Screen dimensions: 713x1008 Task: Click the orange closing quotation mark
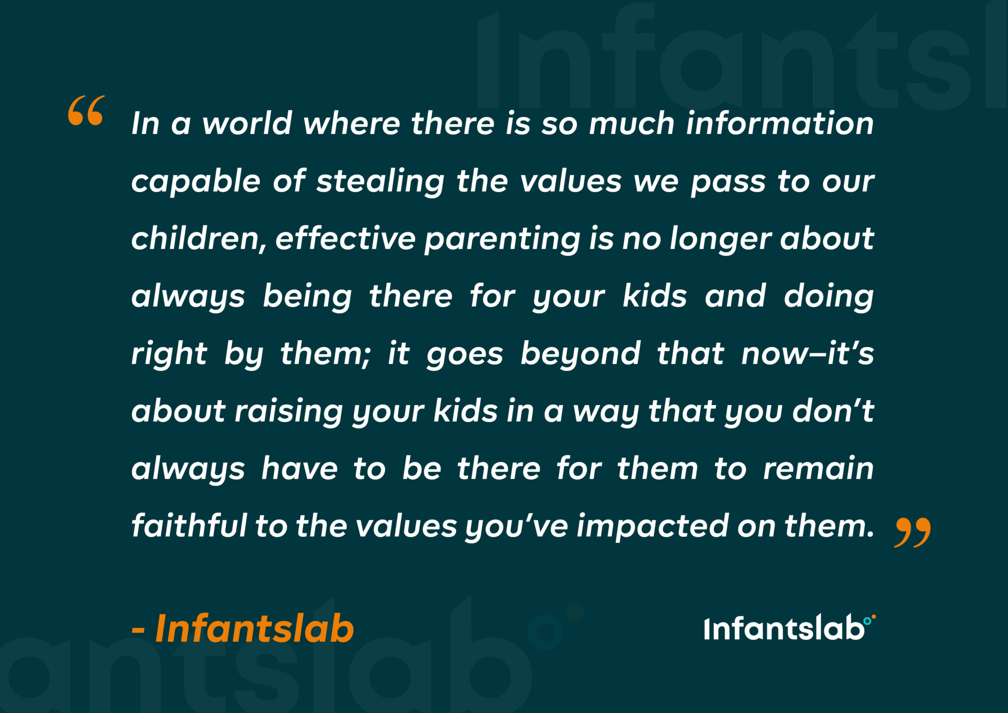[x=912, y=532]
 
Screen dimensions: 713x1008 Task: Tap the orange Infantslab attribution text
[x=243, y=629]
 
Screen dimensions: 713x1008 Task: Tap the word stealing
[x=380, y=182]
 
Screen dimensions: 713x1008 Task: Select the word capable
[x=195, y=182]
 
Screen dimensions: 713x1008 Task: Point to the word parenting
[x=502, y=240]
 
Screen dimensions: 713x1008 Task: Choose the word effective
[x=346, y=239]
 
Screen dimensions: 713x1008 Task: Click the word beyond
[x=580, y=354]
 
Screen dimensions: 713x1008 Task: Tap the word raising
[x=288, y=412]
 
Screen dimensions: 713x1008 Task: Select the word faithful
[x=189, y=526]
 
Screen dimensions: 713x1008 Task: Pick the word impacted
[x=652, y=527]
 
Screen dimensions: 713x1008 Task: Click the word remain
[x=818, y=468]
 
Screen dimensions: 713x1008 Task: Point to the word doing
[x=828, y=297]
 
